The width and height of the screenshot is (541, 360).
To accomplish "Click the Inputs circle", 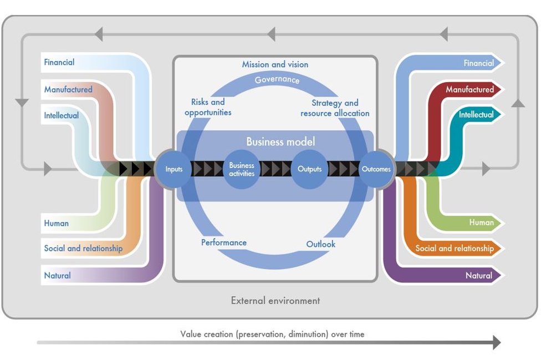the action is (x=173, y=169).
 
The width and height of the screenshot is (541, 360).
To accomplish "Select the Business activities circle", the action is (x=242, y=169).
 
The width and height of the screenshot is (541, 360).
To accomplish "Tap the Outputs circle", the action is (x=309, y=169).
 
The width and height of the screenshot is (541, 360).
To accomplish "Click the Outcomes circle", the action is (x=376, y=169).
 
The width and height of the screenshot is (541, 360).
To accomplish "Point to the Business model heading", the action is (x=280, y=141).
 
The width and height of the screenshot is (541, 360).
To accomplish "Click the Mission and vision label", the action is (x=275, y=64).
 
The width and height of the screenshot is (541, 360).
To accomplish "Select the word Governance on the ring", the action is (x=277, y=80).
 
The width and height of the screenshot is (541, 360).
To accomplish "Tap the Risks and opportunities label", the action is (x=208, y=107).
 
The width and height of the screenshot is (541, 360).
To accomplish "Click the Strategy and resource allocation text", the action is (x=335, y=108).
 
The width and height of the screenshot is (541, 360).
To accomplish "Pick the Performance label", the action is (x=224, y=242).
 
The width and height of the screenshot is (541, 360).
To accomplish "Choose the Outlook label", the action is (x=320, y=244).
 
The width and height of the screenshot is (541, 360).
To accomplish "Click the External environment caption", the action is (x=275, y=301).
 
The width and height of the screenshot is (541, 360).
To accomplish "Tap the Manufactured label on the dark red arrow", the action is (x=469, y=89).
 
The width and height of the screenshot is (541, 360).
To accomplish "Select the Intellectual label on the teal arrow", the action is (x=476, y=115).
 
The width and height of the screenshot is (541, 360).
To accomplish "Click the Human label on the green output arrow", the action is (x=481, y=222).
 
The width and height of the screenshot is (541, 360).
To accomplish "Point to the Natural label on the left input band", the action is (x=57, y=276).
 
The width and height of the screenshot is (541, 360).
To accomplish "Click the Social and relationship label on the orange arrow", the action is (x=455, y=248).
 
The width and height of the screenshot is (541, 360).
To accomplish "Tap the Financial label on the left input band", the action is (x=59, y=62).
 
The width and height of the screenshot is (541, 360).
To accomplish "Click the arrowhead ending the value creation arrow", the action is (x=497, y=342).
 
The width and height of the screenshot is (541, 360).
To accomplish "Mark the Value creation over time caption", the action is (x=272, y=334).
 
